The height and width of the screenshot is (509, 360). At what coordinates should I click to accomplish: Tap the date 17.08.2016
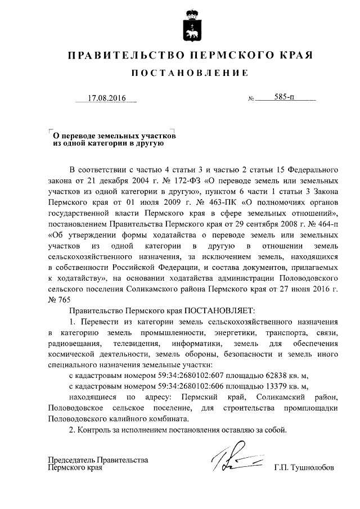click(106, 98)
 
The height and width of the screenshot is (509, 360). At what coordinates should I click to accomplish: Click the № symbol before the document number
click(251, 100)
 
